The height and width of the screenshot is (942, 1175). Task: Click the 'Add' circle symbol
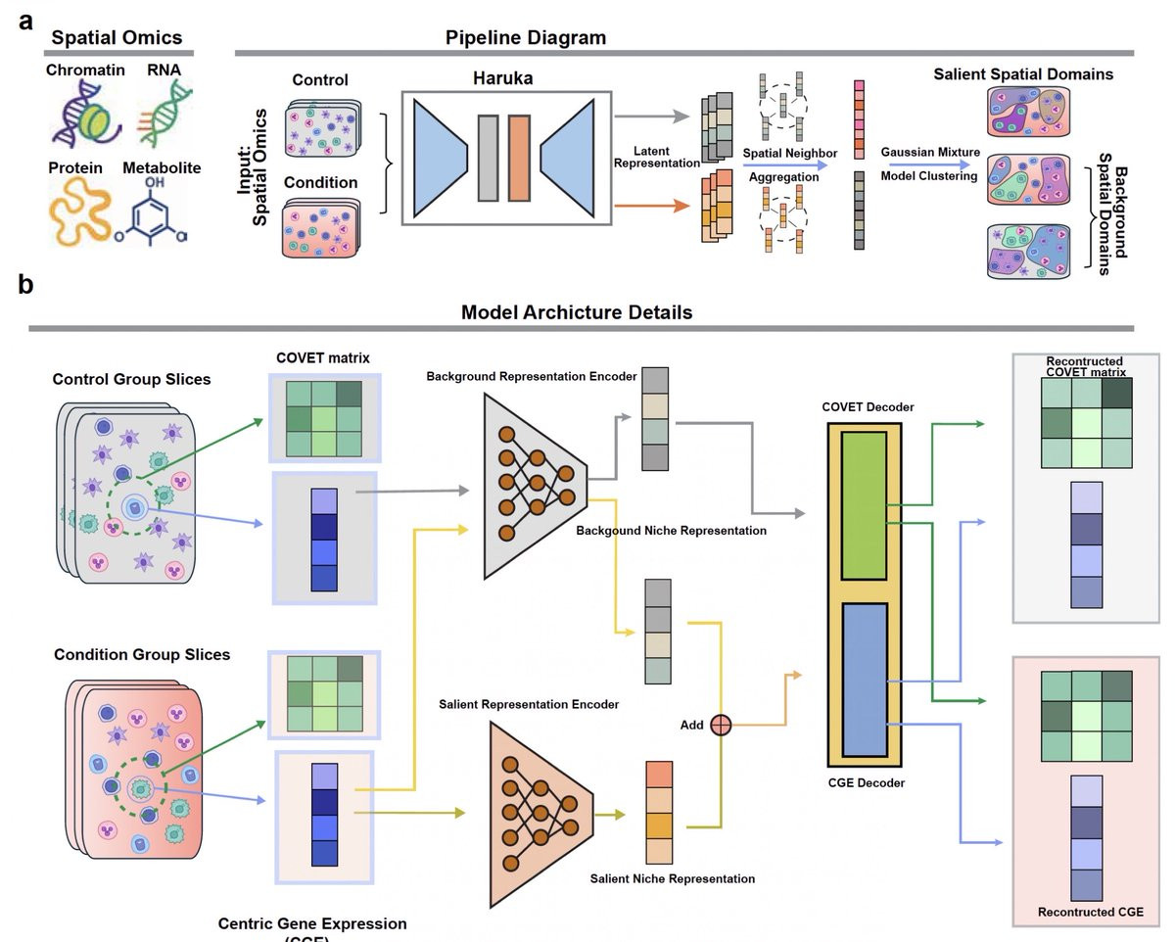(x=721, y=725)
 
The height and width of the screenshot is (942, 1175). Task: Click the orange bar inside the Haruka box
(x=519, y=158)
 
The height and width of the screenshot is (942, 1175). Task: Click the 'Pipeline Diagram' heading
(x=526, y=38)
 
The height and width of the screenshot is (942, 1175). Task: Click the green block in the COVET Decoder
(x=863, y=510)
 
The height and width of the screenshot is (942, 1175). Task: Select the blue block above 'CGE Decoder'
(x=863, y=678)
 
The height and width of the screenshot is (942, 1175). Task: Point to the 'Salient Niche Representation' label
(x=672, y=878)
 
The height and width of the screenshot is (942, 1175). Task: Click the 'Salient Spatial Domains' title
(x=1023, y=74)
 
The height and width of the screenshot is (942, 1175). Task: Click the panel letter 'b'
(x=26, y=285)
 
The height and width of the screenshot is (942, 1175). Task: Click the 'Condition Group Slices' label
(x=142, y=654)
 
